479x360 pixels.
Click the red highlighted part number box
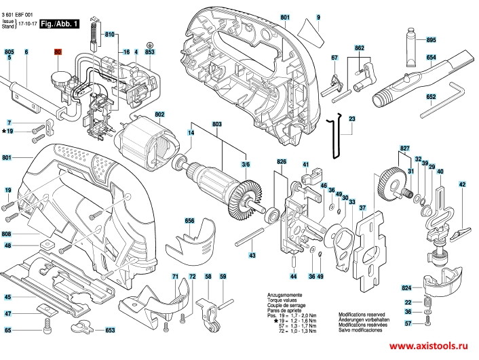coord(57,52)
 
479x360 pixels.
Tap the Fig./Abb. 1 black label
coord(60,24)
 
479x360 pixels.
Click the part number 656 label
coord(189,221)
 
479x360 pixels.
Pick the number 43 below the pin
coord(252,256)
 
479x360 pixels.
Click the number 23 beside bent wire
coord(352,119)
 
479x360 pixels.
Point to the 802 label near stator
coord(160,114)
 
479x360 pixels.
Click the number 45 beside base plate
coord(7,297)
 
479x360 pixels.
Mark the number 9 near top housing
coord(318,16)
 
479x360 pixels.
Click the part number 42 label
coord(462,184)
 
